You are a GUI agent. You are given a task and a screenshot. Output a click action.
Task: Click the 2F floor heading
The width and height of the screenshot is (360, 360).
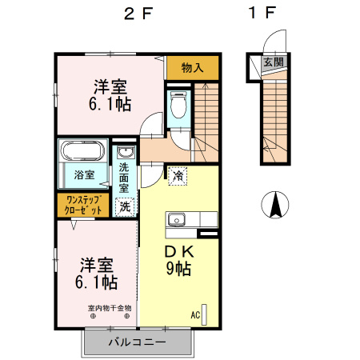(x=138, y=14)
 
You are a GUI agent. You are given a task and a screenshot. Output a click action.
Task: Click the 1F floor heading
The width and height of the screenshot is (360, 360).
(x=262, y=13)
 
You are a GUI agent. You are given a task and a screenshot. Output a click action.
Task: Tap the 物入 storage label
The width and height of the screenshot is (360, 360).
(x=192, y=67)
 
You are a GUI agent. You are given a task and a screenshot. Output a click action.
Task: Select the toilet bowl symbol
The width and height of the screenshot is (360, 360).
(x=178, y=105)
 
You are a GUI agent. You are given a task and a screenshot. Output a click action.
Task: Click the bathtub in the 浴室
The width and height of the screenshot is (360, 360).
(x=82, y=150)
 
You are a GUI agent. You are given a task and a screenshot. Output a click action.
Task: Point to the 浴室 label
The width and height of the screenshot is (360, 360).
(x=84, y=175)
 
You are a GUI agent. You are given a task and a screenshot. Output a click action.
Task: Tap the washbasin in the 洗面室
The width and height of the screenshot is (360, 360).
(x=125, y=152)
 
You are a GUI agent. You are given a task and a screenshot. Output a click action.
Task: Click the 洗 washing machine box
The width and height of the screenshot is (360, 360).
(x=125, y=207)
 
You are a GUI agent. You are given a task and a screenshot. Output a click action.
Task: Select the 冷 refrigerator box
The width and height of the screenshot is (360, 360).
(x=178, y=176)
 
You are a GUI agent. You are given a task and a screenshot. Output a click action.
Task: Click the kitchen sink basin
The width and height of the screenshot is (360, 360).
(x=177, y=220)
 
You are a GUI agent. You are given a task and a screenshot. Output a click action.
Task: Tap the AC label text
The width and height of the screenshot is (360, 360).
(x=195, y=315)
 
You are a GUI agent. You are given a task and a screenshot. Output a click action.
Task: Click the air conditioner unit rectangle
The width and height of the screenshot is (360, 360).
(x=204, y=315)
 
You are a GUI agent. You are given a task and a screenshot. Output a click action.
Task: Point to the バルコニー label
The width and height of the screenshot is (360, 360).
(x=137, y=342)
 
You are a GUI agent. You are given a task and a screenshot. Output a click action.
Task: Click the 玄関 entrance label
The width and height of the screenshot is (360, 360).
(x=274, y=62)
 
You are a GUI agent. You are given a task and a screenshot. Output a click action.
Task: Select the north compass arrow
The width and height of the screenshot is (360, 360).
(x=275, y=205)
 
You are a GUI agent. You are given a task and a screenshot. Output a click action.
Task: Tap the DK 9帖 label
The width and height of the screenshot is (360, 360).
(x=178, y=260)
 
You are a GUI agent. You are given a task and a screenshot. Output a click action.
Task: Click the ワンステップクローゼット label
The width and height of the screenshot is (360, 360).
(x=83, y=205)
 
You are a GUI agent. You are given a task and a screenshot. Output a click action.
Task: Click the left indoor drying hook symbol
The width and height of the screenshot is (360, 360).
(x=93, y=317)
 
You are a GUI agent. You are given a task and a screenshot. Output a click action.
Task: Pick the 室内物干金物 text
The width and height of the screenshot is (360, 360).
(x=110, y=308)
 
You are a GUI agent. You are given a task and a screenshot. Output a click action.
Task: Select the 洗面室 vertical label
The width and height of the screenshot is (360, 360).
(x=124, y=178)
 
